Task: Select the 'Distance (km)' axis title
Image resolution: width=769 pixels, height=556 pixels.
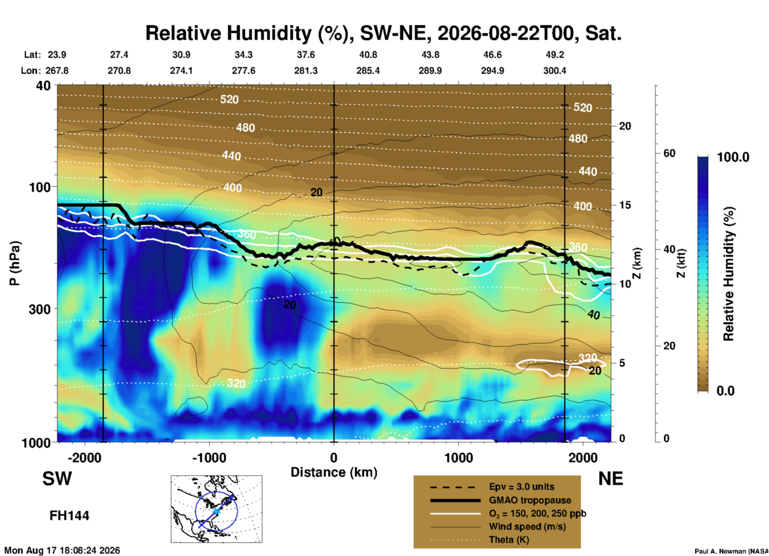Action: point(334,472)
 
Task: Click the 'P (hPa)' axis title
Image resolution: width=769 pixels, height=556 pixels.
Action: point(14,263)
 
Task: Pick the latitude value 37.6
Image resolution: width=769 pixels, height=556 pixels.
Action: point(306,55)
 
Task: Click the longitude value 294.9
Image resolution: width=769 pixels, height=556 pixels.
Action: point(492,71)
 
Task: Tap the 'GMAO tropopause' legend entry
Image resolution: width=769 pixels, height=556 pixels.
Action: point(530,500)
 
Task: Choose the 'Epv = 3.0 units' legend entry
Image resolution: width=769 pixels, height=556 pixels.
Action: point(521,487)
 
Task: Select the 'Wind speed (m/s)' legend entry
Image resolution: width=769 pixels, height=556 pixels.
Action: point(527,526)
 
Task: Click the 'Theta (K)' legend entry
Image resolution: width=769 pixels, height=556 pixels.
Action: point(509,540)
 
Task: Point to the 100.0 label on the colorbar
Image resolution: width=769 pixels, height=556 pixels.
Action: point(733,157)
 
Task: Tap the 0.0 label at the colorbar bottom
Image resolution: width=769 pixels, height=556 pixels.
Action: point(725,390)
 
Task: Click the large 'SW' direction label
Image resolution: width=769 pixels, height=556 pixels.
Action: point(57,479)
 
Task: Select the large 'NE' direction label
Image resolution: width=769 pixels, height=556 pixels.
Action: point(610,479)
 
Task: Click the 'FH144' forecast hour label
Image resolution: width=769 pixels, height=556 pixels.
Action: point(69,516)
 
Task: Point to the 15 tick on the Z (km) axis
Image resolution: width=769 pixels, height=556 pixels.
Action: point(625,205)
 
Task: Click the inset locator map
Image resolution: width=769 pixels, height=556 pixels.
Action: point(216,509)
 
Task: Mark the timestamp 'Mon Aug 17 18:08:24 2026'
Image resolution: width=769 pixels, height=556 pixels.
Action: point(62,550)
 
